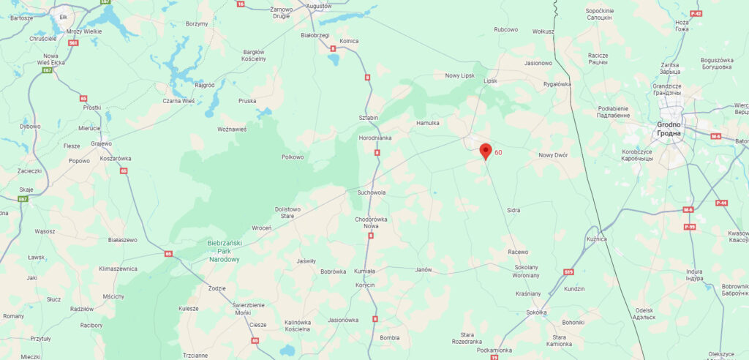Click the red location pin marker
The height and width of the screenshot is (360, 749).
pos(484,151)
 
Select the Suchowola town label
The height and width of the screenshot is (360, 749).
pos(371,193)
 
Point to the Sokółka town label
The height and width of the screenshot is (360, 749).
pos(536,312)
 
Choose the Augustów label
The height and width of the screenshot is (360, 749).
pos(319,6)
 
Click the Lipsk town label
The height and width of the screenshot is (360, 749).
pos(490,81)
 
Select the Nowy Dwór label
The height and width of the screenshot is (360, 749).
pos(553,155)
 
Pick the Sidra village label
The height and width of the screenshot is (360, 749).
pos(513,210)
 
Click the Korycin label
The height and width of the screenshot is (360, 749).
pos(365,285)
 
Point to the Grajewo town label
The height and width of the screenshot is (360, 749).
pos(102,143)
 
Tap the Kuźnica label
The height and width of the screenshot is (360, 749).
pos(597,239)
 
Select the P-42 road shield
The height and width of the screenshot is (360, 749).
pos(696,14)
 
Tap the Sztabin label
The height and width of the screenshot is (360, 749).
pos(368,117)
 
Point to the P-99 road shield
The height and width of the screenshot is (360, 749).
pos(688,228)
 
